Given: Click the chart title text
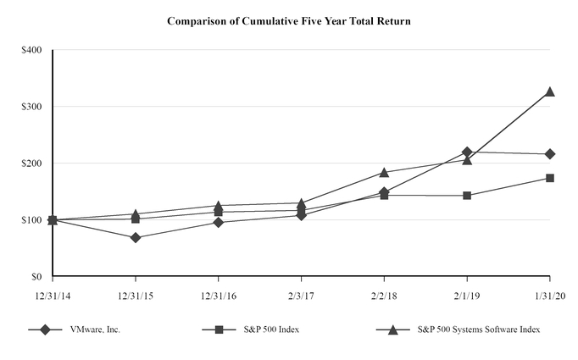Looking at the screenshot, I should pyautogui.click(x=289, y=21).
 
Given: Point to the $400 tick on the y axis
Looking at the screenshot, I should pyautogui.click(x=31, y=50).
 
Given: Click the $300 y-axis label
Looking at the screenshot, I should pyautogui.click(x=31, y=107).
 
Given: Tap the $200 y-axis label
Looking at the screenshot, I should pyautogui.click(x=31, y=163).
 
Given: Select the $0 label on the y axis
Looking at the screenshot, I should pyautogui.click(x=36, y=277).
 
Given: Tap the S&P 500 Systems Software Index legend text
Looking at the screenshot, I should pyautogui.click(x=480, y=330).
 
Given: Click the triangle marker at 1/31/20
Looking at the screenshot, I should pyautogui.click(x=550, y=91).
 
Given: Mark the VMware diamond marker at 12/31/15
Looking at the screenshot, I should pyautogui.click(x=136, y=238).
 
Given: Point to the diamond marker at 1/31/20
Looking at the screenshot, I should pyautogui.click(x=550, y=154).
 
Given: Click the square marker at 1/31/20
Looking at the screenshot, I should pyautogui.click(x=550, y=178).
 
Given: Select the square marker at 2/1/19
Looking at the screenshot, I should pyautogui.click(x=467, y=196).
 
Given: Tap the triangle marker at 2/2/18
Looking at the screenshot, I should pyautogui.click(x=384, y=173).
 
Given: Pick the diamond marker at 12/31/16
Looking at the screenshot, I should pyautogui.click(x=219, y=223).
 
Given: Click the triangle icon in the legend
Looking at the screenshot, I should pyautogui.click(x=393, y=330).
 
